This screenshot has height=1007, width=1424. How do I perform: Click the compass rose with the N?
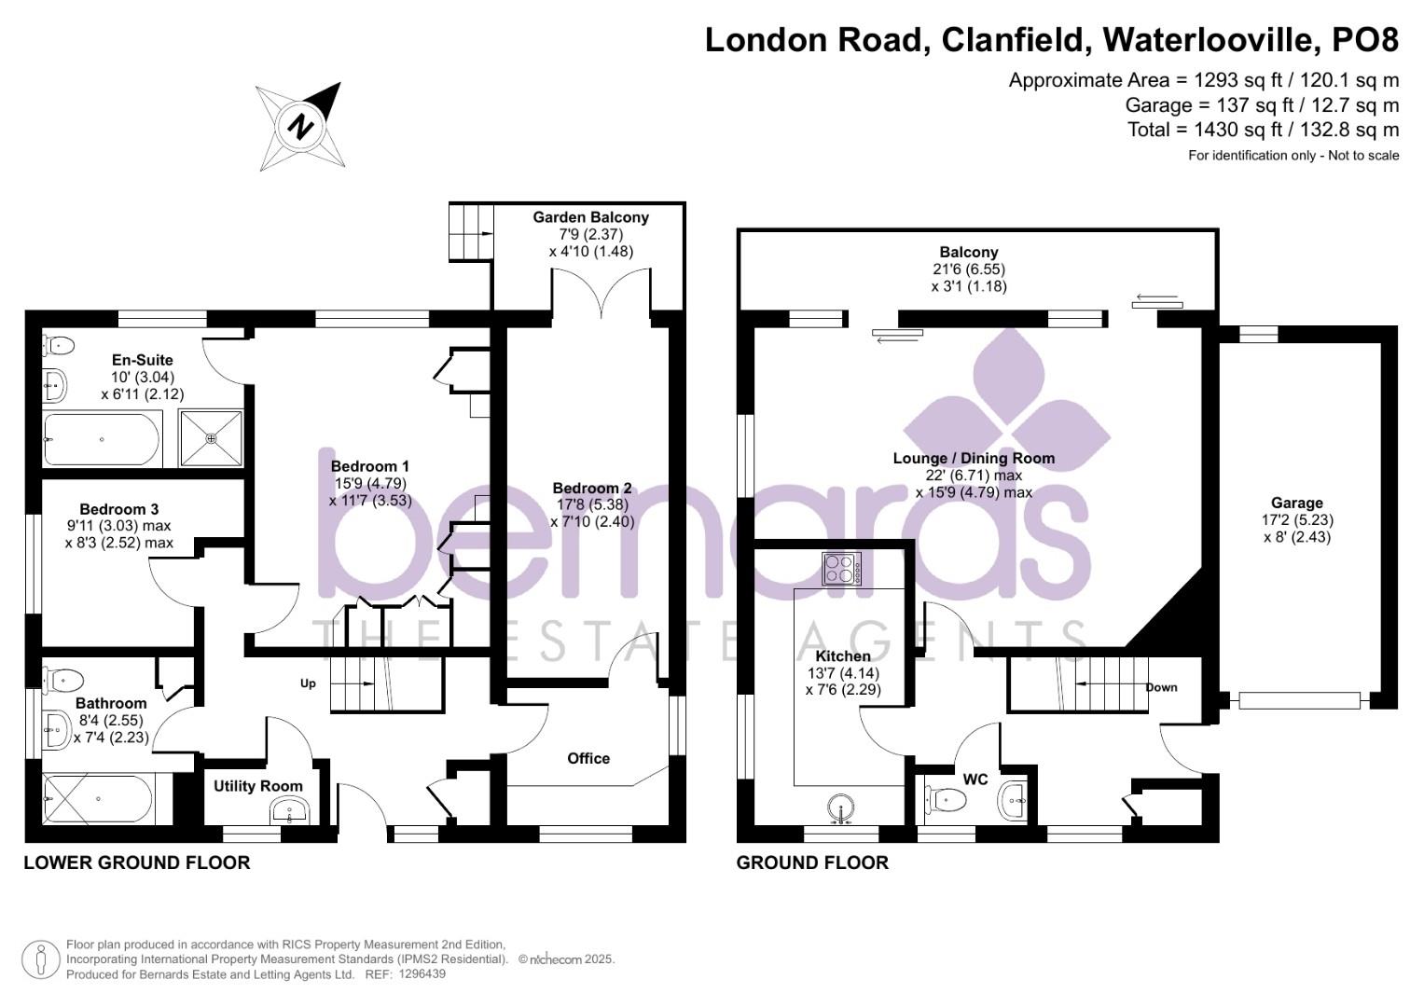300,126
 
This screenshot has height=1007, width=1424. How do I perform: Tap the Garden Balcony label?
590,217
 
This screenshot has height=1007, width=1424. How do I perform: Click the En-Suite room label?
142,360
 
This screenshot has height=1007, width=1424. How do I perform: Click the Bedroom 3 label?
118,509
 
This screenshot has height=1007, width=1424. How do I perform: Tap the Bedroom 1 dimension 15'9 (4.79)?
369,483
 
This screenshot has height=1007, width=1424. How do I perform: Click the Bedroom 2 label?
591,488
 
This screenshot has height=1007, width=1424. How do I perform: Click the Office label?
588,758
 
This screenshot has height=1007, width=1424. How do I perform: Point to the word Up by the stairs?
308,683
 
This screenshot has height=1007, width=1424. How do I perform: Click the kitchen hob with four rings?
841,569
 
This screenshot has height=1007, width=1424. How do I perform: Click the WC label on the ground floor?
975,779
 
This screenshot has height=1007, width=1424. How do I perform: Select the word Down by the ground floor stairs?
1161,687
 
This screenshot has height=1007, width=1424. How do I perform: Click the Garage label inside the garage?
1296,503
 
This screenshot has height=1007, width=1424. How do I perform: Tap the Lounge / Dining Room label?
974,458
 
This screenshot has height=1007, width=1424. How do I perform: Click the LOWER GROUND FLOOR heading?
137,862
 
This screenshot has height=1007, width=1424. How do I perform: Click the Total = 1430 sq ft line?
1263,130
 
